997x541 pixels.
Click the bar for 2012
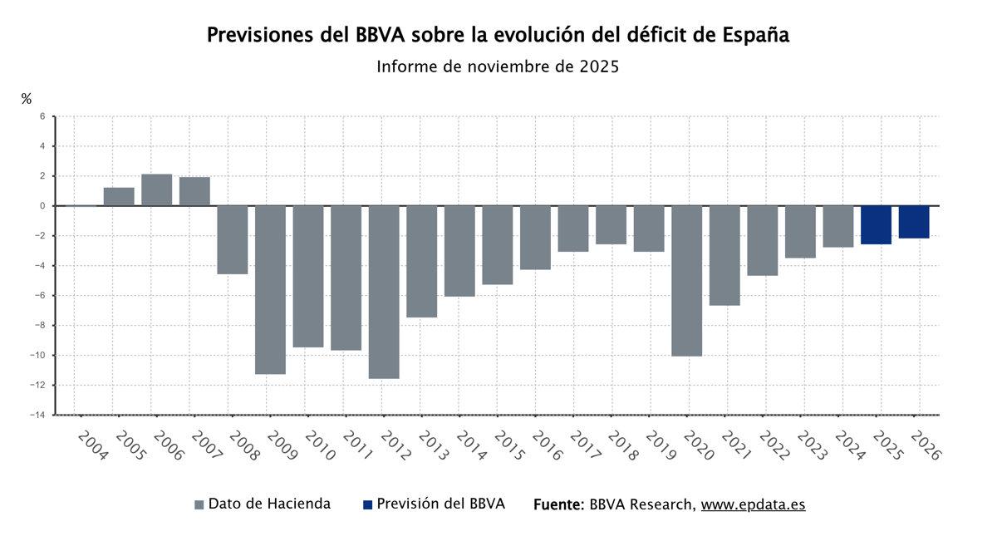coord(384,292)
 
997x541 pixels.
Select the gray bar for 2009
coord(270,289)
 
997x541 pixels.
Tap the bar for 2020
coord(687,280)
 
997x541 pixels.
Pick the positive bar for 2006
coord(157,190)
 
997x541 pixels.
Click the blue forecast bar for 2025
coord(877,224)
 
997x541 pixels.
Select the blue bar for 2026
coord(914,222)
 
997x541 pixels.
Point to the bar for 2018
coord(611,224)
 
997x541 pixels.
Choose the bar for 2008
coord(233,239)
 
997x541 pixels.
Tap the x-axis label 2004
coord(92,446)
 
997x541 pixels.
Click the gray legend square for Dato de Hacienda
coord(199,504)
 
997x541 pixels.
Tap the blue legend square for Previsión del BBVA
coord(367,504)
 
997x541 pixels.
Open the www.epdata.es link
coord(753,504)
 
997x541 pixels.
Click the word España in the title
coord(755,35)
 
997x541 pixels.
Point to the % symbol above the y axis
coord(27,99)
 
